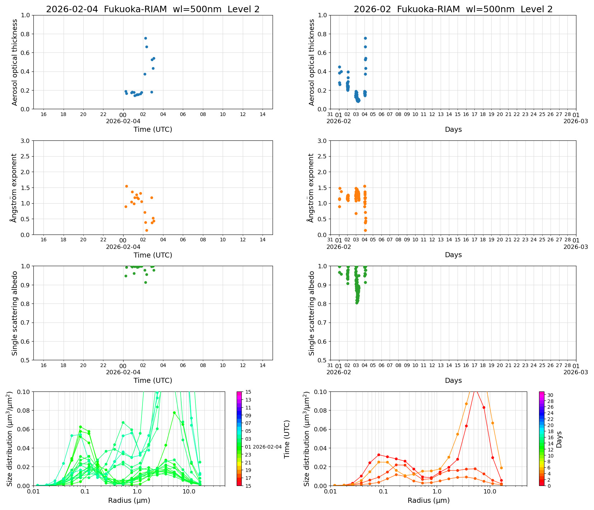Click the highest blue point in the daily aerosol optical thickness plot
tap(145, 38)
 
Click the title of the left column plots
tap(153, 9)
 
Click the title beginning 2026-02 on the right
tap(453, 9)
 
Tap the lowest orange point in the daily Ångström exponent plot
tap(147, 230)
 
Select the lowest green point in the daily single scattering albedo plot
tap(145, 282)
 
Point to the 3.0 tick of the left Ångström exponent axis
tap(26, 141)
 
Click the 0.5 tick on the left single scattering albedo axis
tap(26, 360)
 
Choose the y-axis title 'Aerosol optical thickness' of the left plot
tap(15, 62)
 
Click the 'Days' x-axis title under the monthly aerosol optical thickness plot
tap(453, 129)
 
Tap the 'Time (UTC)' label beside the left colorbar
tap(287, 439)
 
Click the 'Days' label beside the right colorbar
tap(559, 439)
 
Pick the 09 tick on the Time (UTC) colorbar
tap(248, 416)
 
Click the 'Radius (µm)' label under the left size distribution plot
tap(129, 500)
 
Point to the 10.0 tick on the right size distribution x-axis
tap(489, 491)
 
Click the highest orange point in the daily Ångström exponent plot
tap(126, 186)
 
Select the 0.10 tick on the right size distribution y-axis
tap(321, 391)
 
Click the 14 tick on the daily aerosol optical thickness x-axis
tap(263, 114)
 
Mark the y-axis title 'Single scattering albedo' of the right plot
tap(312, 313)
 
